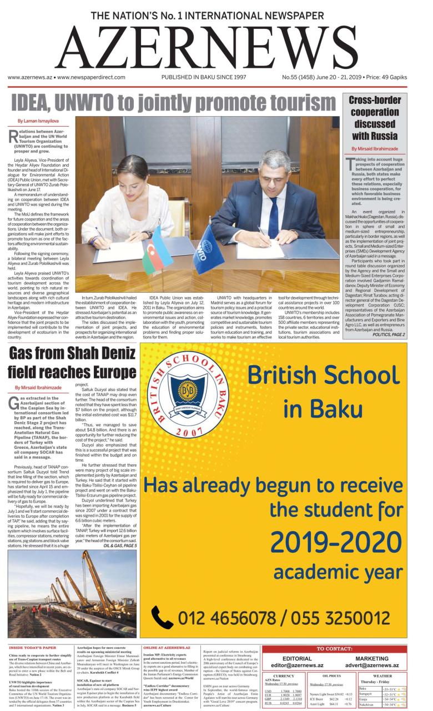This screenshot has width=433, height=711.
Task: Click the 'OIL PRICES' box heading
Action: click(x=331, y=675)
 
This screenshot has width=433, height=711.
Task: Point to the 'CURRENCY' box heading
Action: click(x=283, y=675)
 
